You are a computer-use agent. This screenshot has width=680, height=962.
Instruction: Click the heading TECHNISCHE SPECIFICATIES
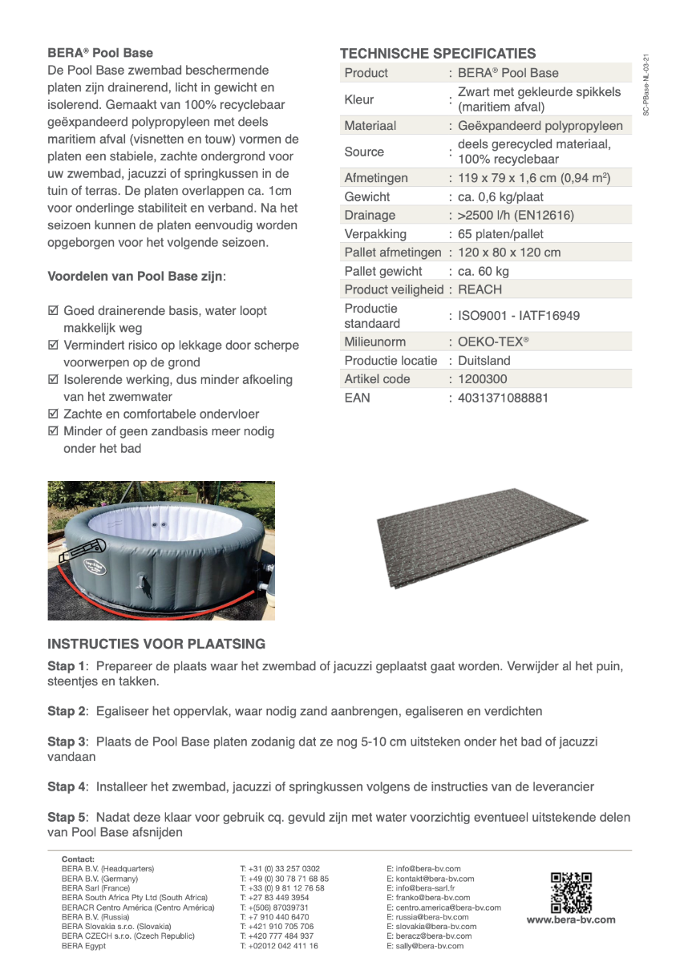tap(437, 54)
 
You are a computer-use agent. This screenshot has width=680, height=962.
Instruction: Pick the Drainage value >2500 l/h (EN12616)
tap(516, 215)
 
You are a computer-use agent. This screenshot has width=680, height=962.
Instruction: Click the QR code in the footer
tap(571, 892)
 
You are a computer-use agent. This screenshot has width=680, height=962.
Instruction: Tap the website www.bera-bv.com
tap(571, 920)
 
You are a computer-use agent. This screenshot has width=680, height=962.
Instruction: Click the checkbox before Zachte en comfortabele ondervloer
tap(53, 414)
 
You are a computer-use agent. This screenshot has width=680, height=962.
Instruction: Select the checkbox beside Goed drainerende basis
tap(53, 310)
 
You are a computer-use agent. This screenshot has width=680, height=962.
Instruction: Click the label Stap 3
tap(67, 742)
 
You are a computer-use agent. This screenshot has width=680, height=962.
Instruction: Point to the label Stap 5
tap(67, 817)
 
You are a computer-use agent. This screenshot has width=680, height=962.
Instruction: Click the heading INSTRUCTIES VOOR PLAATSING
tap(156, 644)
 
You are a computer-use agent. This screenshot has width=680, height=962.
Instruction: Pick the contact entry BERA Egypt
tap(83, 945)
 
